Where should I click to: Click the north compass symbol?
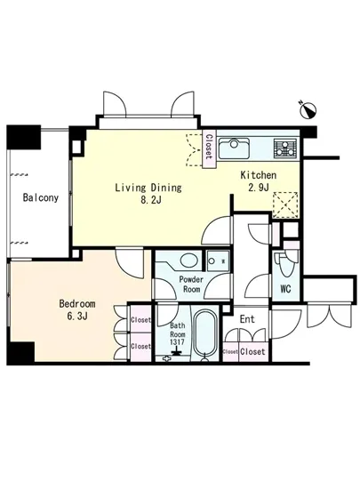coord(308,109)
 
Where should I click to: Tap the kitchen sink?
coord(234,148)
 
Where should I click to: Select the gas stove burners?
coord(285,148)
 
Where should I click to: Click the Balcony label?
coord(41,197)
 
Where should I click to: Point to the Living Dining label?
coord(148,188)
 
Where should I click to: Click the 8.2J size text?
coord(151,200)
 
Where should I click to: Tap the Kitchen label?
coord(259,175)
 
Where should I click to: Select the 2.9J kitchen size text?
coord(259,187)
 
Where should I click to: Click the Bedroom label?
coord(77,303)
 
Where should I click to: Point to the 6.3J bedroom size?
coord(77,316)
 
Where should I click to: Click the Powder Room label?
coord(191,285)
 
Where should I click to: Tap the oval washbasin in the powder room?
coord(189,261)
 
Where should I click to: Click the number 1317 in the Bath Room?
coord(177,341)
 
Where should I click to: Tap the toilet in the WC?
coord(285,264)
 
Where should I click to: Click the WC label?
coord(285,288)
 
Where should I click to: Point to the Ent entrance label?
coord(247,319)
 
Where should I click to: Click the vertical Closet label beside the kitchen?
coord(209,147)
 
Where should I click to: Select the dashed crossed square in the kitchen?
coord(285,204)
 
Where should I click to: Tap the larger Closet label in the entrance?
coord(252,351)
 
